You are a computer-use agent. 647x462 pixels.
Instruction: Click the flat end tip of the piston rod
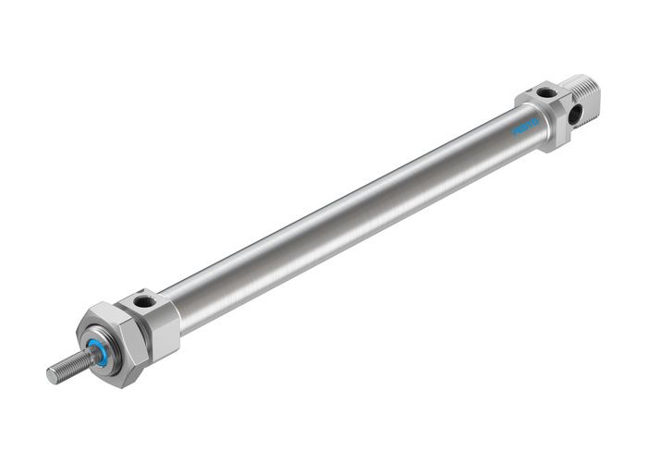(53, 375)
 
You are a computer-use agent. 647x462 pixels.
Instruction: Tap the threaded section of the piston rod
(68, 366)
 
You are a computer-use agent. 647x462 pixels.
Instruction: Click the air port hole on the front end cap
(142, 300)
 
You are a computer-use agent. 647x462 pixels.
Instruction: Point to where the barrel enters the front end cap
(179, 304)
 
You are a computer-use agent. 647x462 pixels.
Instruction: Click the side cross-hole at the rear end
(578, 115)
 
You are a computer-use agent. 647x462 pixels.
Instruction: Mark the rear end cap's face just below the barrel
(555, 139)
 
